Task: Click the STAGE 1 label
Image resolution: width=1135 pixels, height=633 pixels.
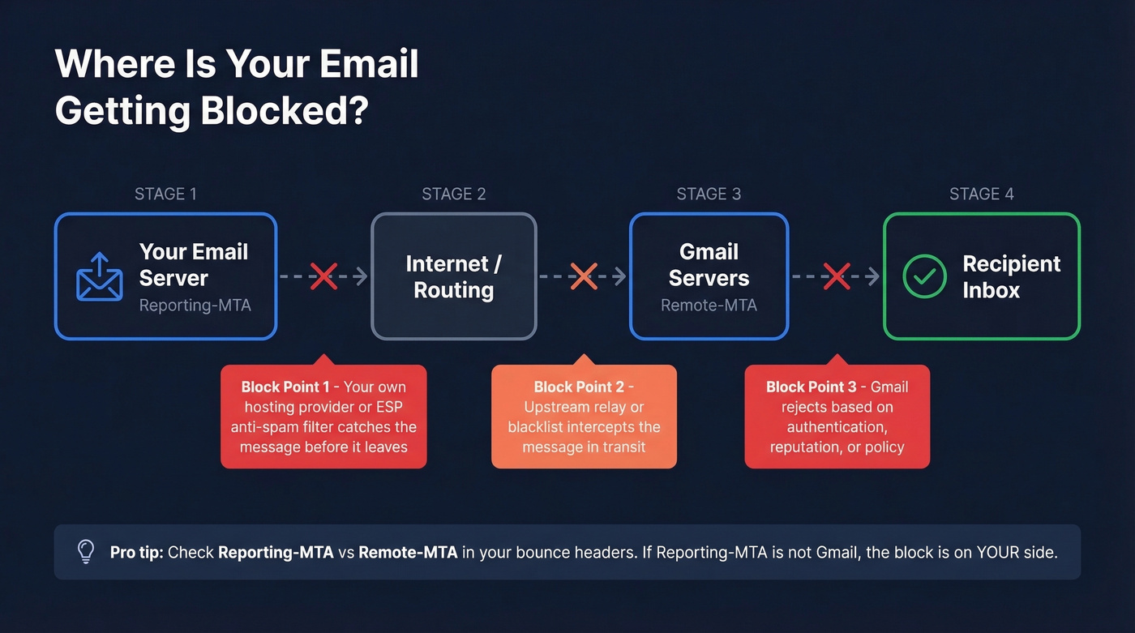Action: point(165,194)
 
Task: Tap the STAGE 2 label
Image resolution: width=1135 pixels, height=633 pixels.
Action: point(454,194)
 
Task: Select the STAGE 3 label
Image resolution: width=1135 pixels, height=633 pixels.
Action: point(709,194)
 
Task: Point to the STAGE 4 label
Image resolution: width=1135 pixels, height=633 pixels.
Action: point(982,194)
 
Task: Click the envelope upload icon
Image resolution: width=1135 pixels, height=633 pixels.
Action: point(99,277)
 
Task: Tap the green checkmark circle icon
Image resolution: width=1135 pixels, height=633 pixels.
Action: point(924,276)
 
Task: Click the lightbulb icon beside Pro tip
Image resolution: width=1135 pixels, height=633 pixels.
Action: point(85,552)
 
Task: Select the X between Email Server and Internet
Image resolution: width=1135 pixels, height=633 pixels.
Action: point(323,276)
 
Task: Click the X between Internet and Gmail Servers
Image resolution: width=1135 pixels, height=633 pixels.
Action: point(583,276)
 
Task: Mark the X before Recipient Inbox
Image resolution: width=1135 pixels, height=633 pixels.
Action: point(836,276)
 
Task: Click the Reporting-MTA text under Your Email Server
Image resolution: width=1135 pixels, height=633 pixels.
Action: point(195,306)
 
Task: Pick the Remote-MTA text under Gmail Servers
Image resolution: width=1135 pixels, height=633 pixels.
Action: point(709,306)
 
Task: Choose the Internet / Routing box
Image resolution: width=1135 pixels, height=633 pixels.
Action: point(454,276)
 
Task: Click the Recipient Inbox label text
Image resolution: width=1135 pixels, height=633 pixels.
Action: point(1011,276)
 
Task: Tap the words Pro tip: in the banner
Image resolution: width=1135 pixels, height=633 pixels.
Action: point(137,552)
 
